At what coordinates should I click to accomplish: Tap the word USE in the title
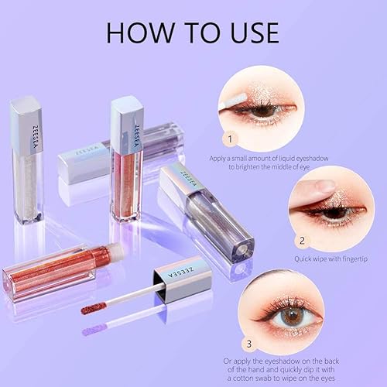coord(247,33)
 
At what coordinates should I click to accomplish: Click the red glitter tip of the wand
coord(93,307)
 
